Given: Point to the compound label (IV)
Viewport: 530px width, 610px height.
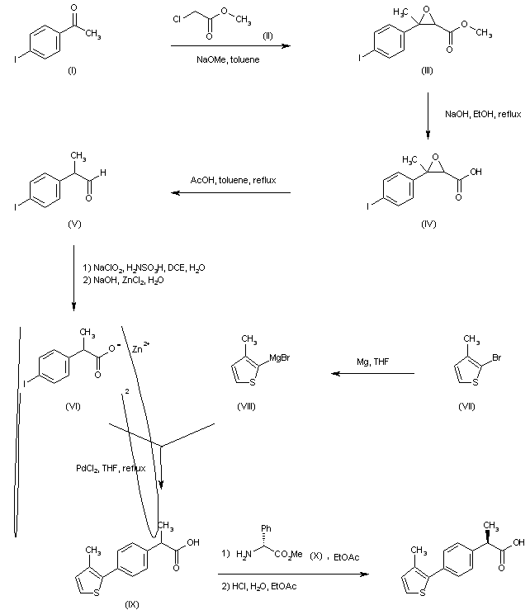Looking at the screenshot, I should pos(428,224).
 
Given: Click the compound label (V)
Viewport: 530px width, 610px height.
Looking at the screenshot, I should pos(71,224).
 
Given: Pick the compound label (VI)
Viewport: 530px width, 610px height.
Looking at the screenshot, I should pos(72,407).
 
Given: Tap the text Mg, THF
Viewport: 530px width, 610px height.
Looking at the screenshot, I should pos(373,362).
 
